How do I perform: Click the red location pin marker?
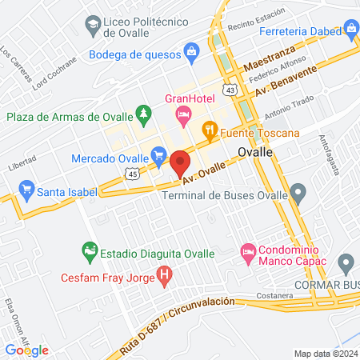click(180, 163)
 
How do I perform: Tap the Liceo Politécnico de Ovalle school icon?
click(94, 26)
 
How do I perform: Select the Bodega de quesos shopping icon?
click(191, 54)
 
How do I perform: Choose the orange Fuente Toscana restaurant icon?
click(210, 130)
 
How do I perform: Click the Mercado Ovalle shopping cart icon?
click(158, 154)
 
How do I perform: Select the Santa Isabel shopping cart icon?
click(26, 191)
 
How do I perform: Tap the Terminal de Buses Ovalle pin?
click(298, 192)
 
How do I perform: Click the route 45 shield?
click(133, 173)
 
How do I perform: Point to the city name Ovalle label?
click(257, 151)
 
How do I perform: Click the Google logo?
click(27, 350)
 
